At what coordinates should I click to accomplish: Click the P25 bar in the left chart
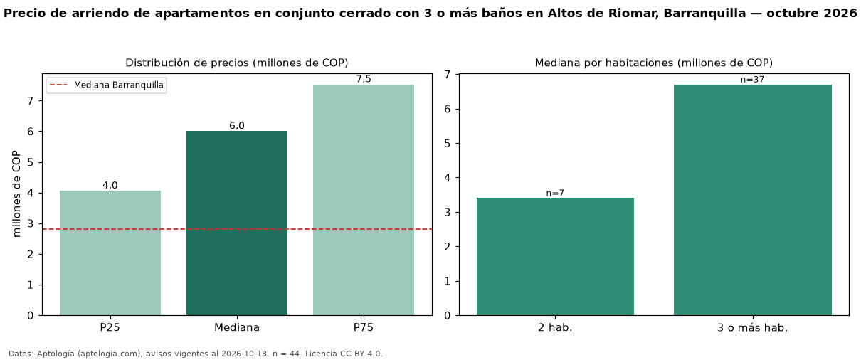tap(110, 253)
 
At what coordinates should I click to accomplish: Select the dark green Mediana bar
tap(237, 223)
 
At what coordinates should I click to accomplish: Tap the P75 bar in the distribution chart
tap(364, 200)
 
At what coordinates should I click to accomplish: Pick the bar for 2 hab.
tap(555, 257)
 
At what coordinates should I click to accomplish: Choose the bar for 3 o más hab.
tap(753, 200)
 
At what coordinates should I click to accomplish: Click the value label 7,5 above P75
tap(364, 79)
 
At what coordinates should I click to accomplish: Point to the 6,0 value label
tap(237, 126)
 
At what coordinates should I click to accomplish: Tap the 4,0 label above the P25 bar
tap(110, 185)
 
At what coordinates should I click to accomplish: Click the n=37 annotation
tap(752, 80)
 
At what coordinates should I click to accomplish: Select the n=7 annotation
tap(555, 193)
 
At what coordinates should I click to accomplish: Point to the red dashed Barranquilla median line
tap(237, 229)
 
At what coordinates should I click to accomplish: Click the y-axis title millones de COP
tap(16, 194)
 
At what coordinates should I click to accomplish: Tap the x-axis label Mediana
tap(237, 327)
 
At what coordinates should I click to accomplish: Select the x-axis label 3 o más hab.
tap(753, 327)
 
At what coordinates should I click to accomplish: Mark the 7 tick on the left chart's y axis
tap(31, 100)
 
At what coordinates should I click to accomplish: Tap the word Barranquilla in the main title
tap(704, 13)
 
